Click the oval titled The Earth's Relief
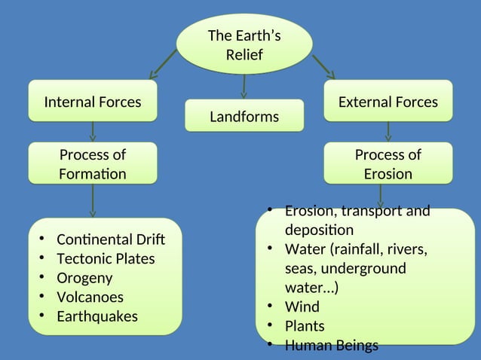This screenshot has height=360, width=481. pos(244,44)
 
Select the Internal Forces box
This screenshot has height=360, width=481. pos(93,102)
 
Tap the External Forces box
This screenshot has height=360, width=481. pos(388,102)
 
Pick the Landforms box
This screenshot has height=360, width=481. pos(244,117)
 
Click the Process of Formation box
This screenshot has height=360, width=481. pos(93,164)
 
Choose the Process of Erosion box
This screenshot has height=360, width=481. pos(388,164)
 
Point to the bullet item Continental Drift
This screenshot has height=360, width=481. pos(110,239)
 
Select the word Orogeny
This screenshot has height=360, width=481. pos(85,278)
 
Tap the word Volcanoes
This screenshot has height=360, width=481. pos(90,297)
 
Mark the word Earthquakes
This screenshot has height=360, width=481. pos(97,316)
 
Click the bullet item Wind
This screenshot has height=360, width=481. pos(302,307)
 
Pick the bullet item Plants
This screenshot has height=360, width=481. pos(305,326)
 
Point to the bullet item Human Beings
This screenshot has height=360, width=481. pos(331,346)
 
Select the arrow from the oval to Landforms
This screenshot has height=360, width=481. pos(244,86)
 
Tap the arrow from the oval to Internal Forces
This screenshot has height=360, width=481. pos(164,63)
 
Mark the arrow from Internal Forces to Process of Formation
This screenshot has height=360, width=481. pos(93,131)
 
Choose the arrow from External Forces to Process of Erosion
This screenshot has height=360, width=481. pos(388,131)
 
